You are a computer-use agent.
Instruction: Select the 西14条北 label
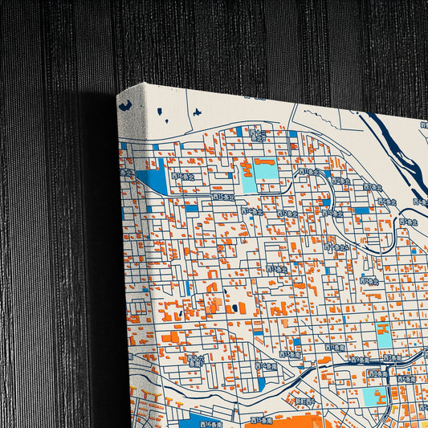[251, 211]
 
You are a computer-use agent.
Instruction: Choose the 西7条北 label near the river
[369, 186]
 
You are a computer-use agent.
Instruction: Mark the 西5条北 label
[409, 222]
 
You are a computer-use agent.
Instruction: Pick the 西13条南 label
[289, 353]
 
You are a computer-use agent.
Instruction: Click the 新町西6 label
[305, 401]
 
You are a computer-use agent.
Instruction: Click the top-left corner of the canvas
[119, 95]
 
